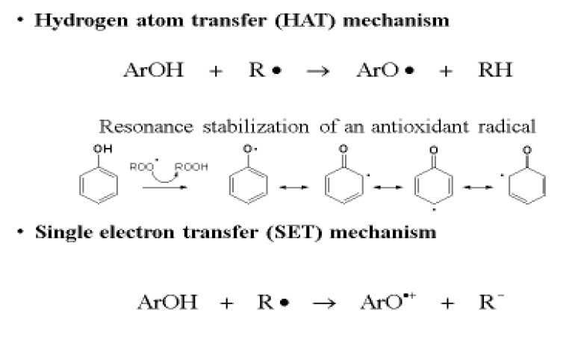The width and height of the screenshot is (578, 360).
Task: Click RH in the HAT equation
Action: (x=495, y=71)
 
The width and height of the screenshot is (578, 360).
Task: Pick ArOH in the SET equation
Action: (x=168, y=302)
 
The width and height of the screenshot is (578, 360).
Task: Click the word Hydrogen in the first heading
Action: (x=63, y=20)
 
